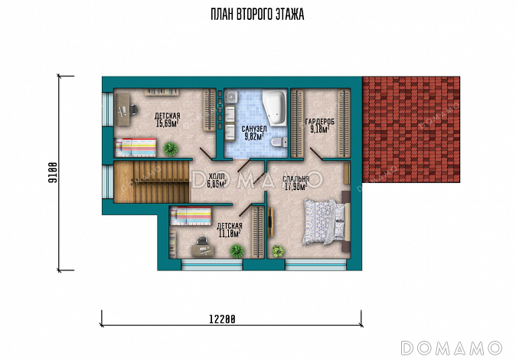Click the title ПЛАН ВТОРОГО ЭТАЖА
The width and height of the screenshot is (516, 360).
point(257,15)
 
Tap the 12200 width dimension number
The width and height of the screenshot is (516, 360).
point(222,319)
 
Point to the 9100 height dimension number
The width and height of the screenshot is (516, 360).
point(53,172)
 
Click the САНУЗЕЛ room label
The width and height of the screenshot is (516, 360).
point(254,129)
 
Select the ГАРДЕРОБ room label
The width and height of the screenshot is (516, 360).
point(319,122)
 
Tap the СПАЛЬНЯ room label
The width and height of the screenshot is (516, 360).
point(296,179)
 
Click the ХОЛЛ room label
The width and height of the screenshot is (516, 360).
point(217,176)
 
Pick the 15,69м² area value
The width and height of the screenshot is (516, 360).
point(167,123)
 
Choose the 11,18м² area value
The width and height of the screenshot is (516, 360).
point(230,234)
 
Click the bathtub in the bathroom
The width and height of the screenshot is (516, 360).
point(274,107)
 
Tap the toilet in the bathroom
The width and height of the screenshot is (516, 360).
point(279,142)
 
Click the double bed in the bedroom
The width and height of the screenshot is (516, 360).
point(326,221)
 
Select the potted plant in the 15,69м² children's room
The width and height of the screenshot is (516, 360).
point(171,149)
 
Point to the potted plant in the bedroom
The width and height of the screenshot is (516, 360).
point(278,251)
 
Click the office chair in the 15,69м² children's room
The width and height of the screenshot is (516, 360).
point(133,110)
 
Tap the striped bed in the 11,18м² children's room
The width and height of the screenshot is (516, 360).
point(190,216)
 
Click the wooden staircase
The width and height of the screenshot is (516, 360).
point(152,182)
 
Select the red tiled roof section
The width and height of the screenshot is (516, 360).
point(410,129)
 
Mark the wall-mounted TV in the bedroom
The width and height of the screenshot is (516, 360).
point(270,221)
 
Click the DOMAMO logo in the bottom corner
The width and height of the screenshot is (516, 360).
point(452,348)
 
